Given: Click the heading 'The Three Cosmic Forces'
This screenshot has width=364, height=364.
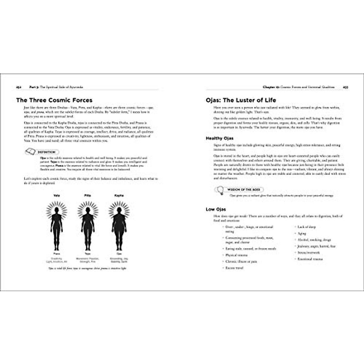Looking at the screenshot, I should [54, 100].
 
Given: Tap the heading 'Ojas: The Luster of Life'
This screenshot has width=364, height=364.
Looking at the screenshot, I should [241, 100].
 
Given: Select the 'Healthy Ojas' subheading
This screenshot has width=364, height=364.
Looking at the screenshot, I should [220, 138].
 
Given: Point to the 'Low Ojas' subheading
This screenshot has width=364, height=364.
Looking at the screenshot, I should [216, 209].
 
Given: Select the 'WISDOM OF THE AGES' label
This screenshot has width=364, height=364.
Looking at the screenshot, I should [244, 189].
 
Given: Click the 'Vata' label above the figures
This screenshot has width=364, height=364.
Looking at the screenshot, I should [56, 196].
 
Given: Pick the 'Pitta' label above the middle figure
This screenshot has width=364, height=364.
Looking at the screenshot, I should [88, 196].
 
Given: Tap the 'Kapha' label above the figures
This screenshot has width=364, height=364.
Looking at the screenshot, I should [119, 196].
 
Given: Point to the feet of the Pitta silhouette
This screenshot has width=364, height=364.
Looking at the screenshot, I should [88, 248].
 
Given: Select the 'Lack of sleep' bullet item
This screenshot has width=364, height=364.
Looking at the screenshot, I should [306, 227].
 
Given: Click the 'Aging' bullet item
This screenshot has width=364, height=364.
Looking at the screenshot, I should [302, 234].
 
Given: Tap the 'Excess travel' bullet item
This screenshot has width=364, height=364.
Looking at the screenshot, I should [234, 268].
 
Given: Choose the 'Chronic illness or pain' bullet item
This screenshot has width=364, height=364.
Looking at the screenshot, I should [241, 261].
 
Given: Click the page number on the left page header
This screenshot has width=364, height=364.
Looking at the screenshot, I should [18, 87].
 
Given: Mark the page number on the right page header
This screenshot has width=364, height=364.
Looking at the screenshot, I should [345, 87].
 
